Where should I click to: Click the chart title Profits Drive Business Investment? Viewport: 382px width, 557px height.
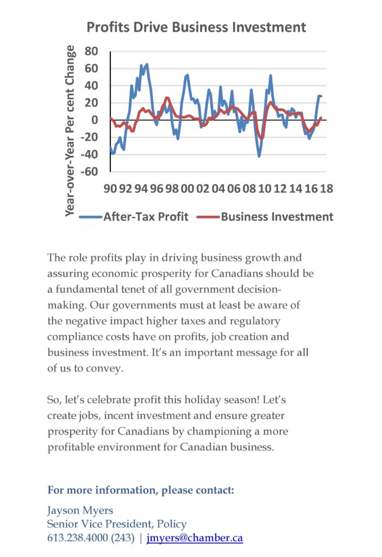(196, 27)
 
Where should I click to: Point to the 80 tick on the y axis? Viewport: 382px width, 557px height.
(91, 51)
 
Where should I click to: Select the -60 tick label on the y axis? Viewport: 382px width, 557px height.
(89, 171)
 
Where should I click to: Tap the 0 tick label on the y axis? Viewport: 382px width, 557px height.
(95, 120)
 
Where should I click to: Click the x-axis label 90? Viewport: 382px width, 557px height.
(110, 189)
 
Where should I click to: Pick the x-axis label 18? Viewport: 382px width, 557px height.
(327, 189)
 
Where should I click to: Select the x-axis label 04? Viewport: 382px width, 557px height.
(218, 189)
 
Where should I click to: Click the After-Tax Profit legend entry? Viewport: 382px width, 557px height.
(134, 216)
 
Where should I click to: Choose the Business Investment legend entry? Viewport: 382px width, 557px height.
(265, 216)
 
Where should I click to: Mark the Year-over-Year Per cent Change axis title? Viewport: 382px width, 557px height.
(70, 131)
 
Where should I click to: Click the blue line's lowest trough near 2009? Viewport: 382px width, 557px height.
(259, 156)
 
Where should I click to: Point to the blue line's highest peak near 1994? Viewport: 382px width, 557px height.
(147, 65)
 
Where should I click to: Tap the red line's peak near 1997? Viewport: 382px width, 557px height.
(167, 98)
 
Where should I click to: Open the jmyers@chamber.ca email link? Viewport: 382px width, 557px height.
(195, 538)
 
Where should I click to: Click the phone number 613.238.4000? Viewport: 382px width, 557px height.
(78, 538)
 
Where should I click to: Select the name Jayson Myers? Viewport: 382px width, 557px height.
(80, 511)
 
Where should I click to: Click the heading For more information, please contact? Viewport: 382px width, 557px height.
(141, 490)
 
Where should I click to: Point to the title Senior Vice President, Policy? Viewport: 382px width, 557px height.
(117, 524)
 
